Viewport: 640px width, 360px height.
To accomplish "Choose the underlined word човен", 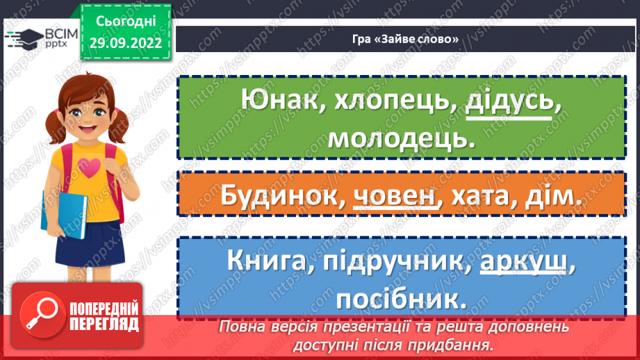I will pos(397,197).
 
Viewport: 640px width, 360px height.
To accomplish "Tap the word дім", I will pos(554,197).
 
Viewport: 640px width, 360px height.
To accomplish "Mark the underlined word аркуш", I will pos(522,263).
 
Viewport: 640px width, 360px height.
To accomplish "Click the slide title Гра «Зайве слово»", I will pos(406,39).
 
